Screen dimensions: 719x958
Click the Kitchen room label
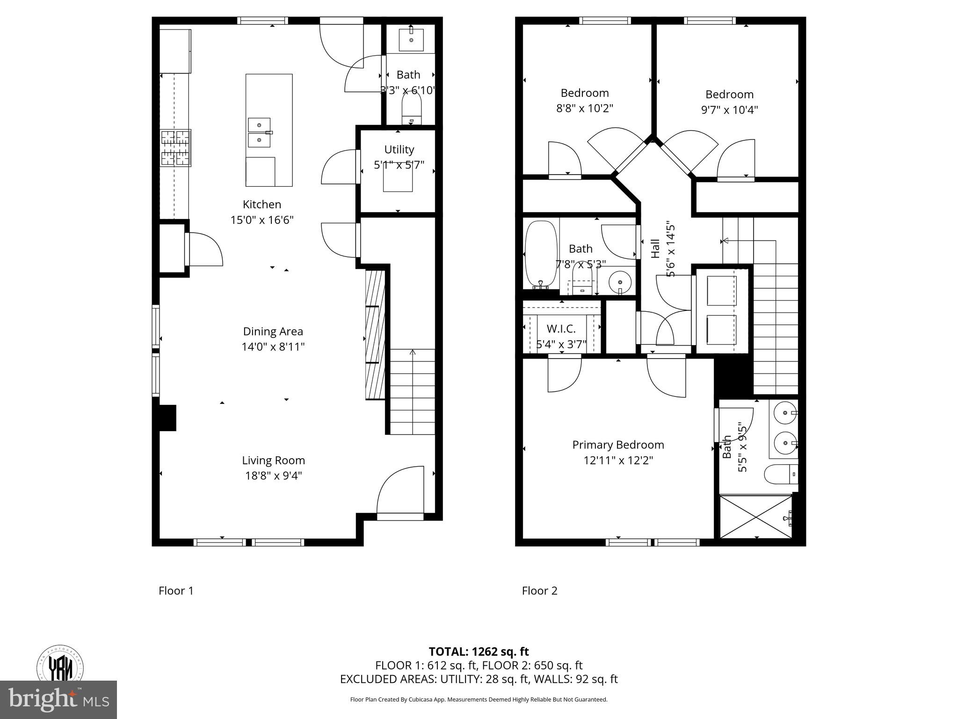point(261,205)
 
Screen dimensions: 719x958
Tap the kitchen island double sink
point(259,132)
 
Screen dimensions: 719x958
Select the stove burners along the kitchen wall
point(176,148)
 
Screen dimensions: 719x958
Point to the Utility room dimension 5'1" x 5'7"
point(399,165)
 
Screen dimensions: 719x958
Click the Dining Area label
point(273,331)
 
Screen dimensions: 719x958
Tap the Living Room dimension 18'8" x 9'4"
point(273,476)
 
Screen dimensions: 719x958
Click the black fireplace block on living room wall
point(167,418)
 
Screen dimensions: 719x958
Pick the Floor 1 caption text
point(176,591)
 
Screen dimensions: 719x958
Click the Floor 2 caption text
point(539,591)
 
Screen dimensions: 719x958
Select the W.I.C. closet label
point(561,329)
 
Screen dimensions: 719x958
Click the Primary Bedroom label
point(618,445)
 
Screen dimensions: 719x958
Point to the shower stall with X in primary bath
point(755,517)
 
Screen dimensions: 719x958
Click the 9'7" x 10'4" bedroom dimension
point(729,110)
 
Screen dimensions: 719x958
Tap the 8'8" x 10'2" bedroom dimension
point(585,109)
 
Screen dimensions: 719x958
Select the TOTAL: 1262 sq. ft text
point(479,652)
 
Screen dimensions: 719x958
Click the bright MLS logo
point(58,699)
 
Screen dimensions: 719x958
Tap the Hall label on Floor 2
point(655,249)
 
